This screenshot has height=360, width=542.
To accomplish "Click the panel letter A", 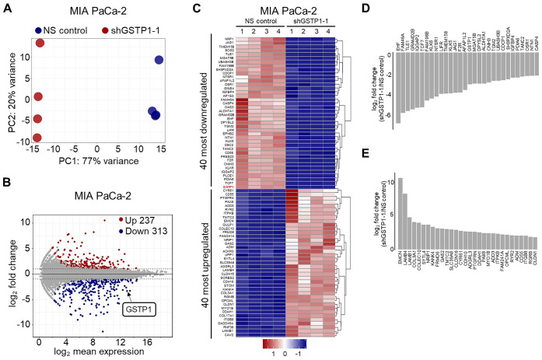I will pyautogui.click(x=9, y=9).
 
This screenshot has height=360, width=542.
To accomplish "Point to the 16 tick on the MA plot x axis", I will pyautogui.click(x=153, y=342).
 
